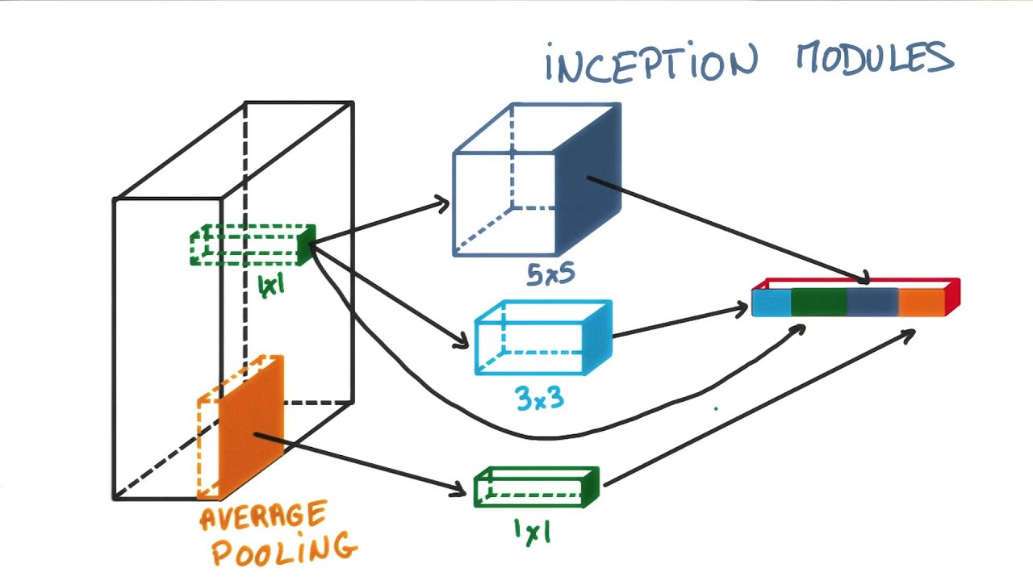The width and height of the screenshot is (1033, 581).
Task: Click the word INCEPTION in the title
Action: pos(651,62)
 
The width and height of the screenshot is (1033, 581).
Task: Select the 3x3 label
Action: pos(540,398)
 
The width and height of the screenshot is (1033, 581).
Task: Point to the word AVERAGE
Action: pos(264,516)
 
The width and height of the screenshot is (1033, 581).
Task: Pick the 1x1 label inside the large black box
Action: pos(272,286)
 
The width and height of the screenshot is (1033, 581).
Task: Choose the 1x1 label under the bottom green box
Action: pos(533,532)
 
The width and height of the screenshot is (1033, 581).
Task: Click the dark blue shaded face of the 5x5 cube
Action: pos(588,179)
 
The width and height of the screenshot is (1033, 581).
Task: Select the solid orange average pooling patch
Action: pos(251,427)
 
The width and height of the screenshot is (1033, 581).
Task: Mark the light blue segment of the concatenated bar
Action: pos(772,303)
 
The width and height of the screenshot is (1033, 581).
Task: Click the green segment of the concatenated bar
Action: pos(819,303)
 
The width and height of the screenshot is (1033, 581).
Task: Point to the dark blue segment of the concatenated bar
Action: pos(873,303)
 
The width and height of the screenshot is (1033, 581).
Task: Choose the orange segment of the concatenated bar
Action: pos(922,303)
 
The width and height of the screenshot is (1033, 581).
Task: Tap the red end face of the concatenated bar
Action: pos(952,296)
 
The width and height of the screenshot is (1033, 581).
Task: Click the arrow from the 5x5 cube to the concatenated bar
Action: pos(729,230)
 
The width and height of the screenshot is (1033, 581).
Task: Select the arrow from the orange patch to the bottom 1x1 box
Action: pos(360,463)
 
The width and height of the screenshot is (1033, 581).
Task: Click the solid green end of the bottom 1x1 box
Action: pos(591,487)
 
